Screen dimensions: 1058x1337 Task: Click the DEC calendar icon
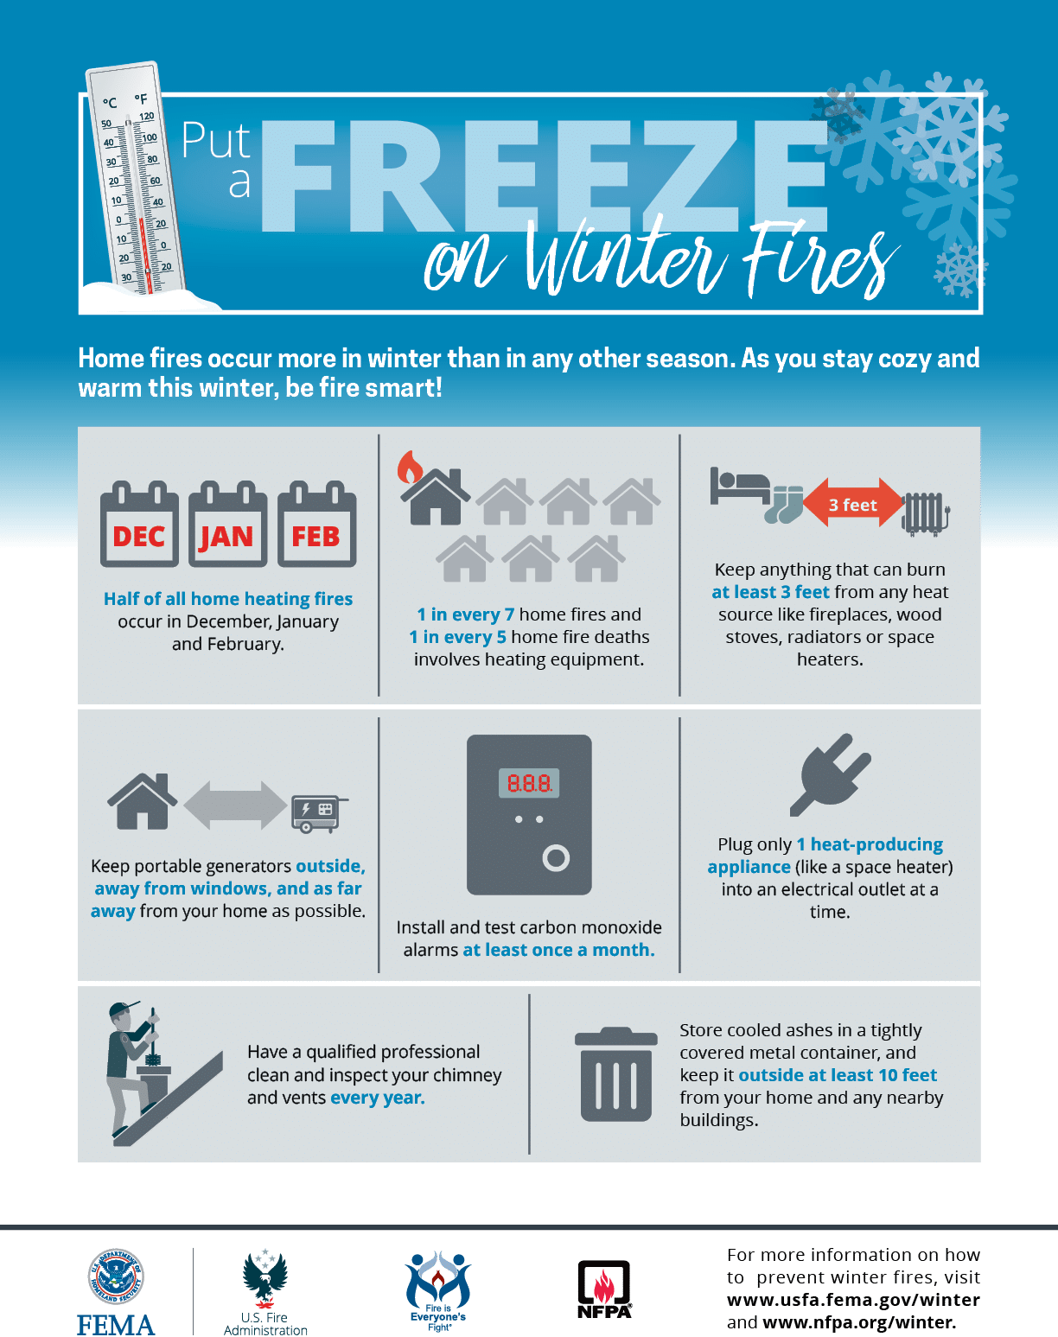click(139, 524)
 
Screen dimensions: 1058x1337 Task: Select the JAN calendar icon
click(227, 524)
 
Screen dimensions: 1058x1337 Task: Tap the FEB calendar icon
click(316, 524)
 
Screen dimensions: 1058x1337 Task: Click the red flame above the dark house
click(410, 467)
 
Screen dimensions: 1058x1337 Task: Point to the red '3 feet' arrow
click(853, 504)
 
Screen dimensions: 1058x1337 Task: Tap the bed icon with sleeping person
click(740, 487)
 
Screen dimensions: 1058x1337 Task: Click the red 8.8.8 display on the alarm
click(529, 783)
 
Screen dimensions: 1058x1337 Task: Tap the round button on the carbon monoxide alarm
click(556, 858)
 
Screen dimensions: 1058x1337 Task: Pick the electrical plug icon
click(831, 774)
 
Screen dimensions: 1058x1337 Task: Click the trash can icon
click(615, 1075)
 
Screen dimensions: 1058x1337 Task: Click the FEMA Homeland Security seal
click(116, 1276)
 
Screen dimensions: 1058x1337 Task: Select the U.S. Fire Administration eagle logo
click(264, 1277)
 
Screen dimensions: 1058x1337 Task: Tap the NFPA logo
click(604, 1289)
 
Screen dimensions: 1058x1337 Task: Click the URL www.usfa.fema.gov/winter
click(853, 1300)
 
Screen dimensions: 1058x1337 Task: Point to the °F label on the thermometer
click(141, 99)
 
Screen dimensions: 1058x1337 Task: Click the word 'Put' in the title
click(216, 140)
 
